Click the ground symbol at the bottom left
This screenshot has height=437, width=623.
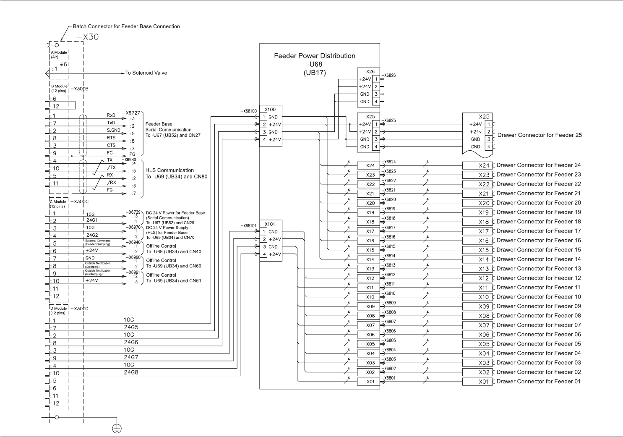point(117,428)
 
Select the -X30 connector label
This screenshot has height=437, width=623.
point(88,37)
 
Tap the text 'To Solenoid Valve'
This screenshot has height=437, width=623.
point(146,73)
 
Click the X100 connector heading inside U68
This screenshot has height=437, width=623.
point(271,110)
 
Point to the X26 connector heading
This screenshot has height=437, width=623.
point(370,72)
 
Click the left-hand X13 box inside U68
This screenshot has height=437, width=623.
point(370,269)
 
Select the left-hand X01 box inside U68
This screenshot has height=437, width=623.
point(370,382)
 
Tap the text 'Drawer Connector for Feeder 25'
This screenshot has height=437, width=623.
point(540,135)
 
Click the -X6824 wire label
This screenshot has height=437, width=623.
point(389,162)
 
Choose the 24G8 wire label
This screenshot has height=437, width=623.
point(131,372)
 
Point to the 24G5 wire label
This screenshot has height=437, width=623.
point(131,327)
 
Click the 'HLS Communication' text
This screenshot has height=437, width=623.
point(169,170)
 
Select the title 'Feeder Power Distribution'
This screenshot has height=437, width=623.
point(315,56)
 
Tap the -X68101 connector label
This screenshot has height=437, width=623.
point(248,226)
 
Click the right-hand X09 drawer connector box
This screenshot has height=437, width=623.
point(477,306)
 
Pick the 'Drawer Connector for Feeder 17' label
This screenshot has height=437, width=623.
point(539,231)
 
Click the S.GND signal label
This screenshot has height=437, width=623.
point(113,131)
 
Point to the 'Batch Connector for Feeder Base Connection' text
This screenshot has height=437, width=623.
point(126,26)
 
